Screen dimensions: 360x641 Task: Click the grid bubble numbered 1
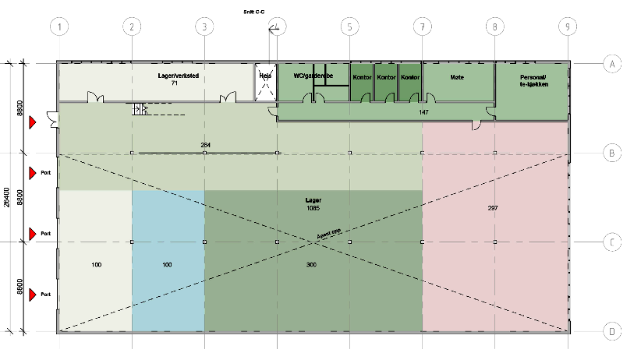click(x=59, y=26)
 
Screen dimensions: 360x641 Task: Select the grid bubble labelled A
click(x=612, y=63)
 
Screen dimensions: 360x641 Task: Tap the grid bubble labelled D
click(x=612, y=332)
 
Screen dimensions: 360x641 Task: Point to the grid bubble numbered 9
click(x=568, y=26)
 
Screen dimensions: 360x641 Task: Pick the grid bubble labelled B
click(x=612, y=153)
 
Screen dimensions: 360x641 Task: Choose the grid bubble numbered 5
click(x=349, y=26)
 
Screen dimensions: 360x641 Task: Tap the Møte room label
click(x=457, y=77)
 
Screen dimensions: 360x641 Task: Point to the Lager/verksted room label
click(x=179, y=76)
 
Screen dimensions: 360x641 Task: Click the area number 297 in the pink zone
click(x=492, y=208)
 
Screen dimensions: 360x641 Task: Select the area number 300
click(x=311, y=265)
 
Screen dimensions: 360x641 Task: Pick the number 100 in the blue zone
click(x=167, y=265)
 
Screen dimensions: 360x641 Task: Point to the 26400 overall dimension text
click(x=7, y=197)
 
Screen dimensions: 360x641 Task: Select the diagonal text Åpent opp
click(x=329, y=233)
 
